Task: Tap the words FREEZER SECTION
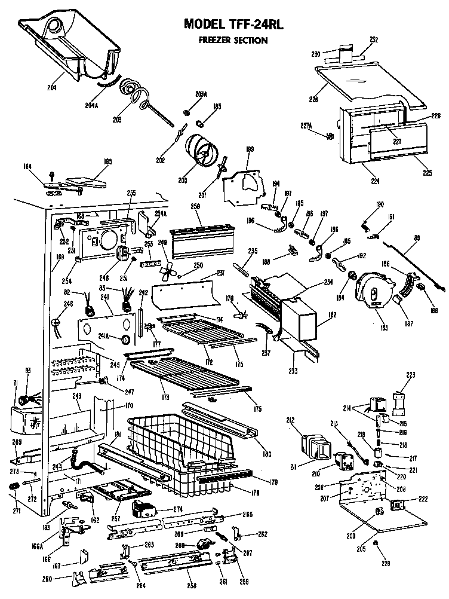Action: pyautogui.click(x=233, y=40)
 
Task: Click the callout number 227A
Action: pyautogui.click(x=306, y=126)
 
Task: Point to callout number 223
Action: pyautogui.click(x=411, y=375)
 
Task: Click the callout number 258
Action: pyautogui.click(x=191, y=585)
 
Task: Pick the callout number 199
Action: pyautogui.click(x=250, y=149)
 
